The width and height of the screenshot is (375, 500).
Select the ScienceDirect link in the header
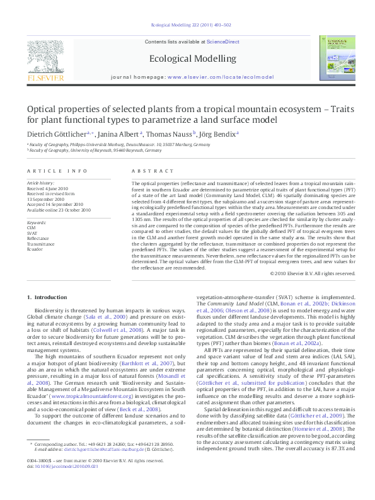point(224,42)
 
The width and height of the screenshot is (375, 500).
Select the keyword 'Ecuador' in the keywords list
point(35,249)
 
